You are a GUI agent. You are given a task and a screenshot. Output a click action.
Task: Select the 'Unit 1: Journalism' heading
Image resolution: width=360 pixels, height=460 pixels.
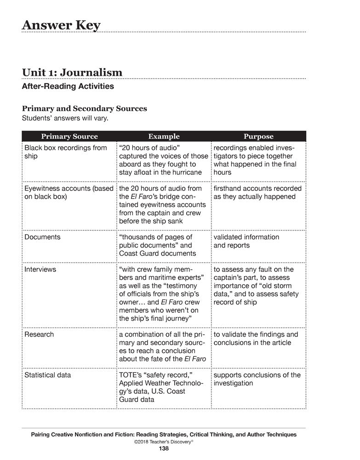coord(72,72)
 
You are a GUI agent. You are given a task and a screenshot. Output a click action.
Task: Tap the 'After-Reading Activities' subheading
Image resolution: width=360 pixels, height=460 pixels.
coord(68,86)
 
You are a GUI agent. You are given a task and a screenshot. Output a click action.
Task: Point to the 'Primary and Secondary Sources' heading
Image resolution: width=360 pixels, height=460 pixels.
coord(85,109)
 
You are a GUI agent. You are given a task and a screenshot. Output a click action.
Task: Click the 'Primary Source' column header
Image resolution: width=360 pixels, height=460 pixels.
coord(69,136)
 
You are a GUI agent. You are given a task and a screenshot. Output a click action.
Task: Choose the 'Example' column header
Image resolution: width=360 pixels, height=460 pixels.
coord(164,136)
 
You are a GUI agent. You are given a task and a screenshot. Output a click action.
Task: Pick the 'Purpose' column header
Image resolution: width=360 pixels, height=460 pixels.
coord(258,136)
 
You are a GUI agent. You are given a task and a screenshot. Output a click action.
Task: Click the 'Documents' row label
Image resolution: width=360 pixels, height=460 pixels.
coord(42,237)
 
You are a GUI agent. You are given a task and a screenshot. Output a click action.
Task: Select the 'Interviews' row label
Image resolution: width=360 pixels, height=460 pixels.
coord(40,269)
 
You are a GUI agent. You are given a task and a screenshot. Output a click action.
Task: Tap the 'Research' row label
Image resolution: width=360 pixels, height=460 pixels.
coord(39,334)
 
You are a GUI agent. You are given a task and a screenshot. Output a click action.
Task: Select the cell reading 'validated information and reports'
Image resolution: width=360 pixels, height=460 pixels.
coord(246,241)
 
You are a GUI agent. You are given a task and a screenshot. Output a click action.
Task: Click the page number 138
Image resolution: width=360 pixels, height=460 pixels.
coord(164,448)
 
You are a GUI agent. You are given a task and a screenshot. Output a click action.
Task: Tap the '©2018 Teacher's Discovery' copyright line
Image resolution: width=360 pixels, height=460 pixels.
coord(164,441)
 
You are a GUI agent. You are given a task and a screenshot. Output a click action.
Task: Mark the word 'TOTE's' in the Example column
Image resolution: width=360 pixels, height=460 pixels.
coord(131,375)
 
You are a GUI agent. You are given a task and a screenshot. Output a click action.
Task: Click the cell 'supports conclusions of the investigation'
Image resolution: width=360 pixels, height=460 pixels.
coord(257,379)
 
